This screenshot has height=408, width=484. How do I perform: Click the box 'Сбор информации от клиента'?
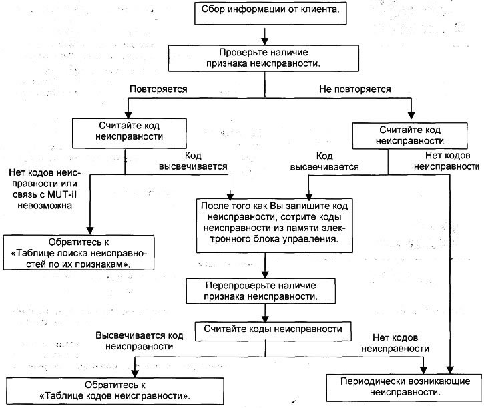coord(270,13)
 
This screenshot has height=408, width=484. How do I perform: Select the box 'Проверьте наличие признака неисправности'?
coord(263,58)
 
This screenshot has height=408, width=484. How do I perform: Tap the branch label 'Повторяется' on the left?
coord(158,89)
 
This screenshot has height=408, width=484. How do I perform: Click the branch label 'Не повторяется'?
coord(355,89)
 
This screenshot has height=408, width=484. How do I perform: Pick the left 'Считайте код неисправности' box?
coord(130,133)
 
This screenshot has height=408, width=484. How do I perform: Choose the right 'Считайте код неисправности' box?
coord(410,136)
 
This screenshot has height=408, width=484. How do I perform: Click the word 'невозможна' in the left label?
coord(45,206)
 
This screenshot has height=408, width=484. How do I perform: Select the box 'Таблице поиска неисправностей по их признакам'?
coord(78,252)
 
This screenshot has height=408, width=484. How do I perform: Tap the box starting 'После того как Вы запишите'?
coord(274,226)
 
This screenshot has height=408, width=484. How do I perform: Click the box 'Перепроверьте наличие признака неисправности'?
coord(260,291)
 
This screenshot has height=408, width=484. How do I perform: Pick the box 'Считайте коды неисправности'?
coord(273,331)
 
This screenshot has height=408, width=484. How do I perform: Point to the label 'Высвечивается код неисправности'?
coord(140,341)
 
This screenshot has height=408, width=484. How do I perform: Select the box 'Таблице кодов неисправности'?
coord(115,391)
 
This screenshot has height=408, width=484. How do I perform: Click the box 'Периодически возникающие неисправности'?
coord(405,387)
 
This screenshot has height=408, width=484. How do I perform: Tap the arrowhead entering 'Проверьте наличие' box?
coord(265,41)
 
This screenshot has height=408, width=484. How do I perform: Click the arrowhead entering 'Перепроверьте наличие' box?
coord(265,274)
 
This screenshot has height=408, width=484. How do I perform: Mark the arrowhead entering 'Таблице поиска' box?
coord(90,231)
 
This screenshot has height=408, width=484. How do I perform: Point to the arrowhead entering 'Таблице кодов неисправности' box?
coord(135,373)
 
